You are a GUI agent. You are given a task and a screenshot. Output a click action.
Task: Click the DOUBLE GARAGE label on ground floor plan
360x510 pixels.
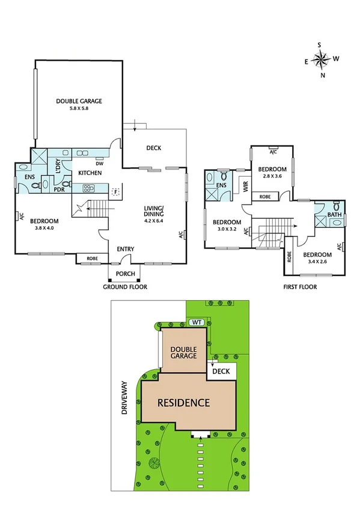click(x=79, y=101)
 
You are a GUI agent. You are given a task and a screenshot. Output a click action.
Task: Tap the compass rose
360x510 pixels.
click(x=322, y=59)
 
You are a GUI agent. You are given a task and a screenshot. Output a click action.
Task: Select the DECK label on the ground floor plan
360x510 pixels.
click(x=154, y=149)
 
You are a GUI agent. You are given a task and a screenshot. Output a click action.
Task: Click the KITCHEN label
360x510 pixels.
click(x=90, y=173)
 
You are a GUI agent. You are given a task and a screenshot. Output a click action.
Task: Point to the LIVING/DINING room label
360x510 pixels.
click(x=154, y=212)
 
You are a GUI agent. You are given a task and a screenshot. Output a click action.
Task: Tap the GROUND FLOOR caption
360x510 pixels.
click(x=124, y=287)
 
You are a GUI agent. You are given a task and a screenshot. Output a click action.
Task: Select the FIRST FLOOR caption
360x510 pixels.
click(x=300, y=287)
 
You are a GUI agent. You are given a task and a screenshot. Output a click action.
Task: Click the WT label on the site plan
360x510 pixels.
click(x=196, y=322)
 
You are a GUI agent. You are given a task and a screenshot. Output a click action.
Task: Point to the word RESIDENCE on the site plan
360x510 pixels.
click(x=185, y=403)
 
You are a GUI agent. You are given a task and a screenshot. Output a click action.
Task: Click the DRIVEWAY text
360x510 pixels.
click(x=125, y=398)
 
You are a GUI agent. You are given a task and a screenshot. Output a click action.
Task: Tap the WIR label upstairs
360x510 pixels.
click(x=245, y=186)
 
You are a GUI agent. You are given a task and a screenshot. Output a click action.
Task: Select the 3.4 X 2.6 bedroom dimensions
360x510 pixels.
click(x=317, y=262)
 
